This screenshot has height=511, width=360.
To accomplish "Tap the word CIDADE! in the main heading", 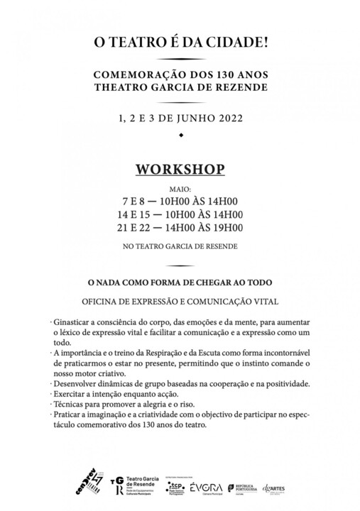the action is [x=239, y=44].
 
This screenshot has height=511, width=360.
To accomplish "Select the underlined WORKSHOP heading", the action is [x=180, y=170].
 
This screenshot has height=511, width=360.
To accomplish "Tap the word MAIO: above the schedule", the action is [x=180, y=190].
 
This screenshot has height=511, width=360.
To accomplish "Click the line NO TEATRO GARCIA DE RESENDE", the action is [x=180, y=246].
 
